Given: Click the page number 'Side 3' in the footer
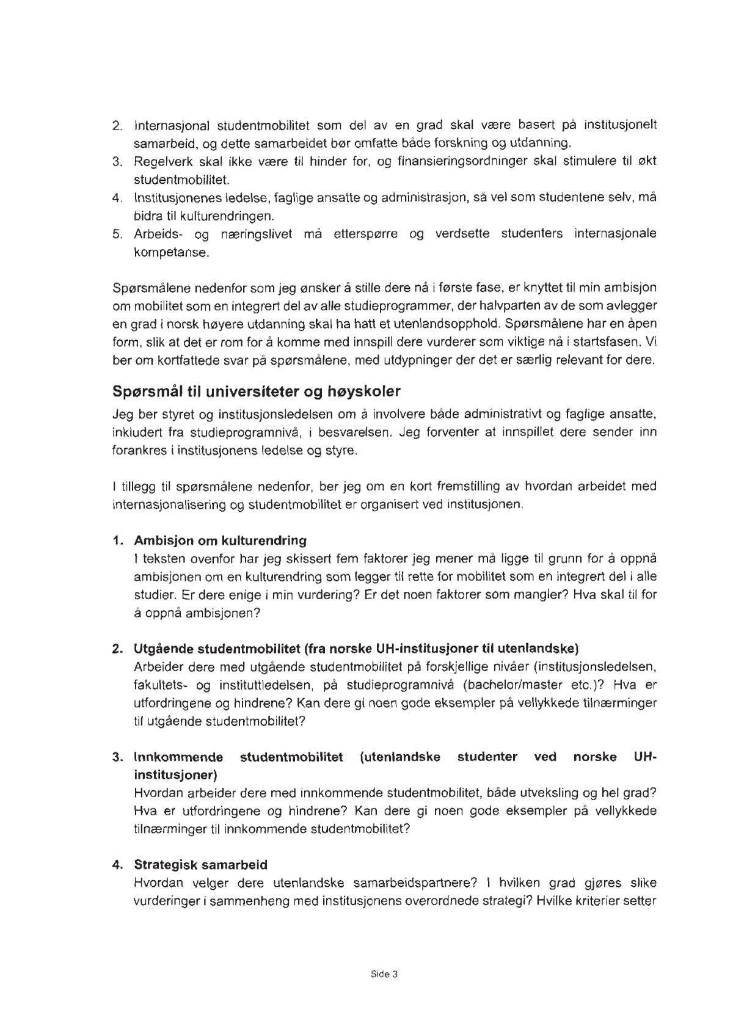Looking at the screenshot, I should [x=384, y=975].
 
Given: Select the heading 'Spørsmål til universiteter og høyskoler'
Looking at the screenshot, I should [x=257, y=391].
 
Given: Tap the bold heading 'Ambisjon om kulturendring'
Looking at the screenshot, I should [x=220, y=541].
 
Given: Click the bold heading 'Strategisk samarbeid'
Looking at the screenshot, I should [x=200, y=865].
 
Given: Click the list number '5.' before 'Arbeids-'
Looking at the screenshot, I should [x=119, y=234].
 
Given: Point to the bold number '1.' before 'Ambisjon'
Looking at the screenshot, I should [x=118, y=541].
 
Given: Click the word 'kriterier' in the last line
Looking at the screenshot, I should [x=602, y=901].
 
